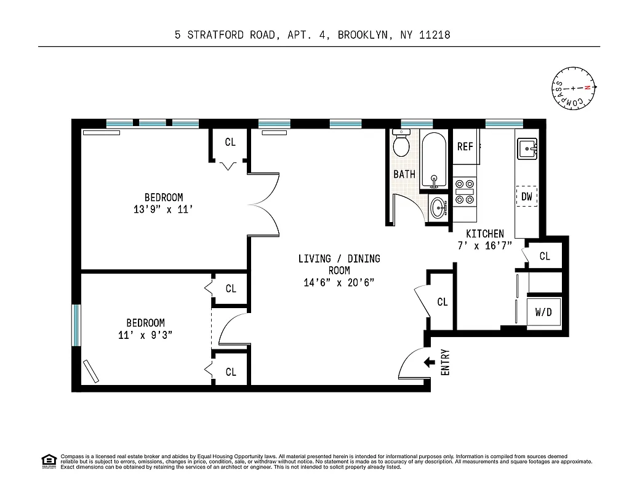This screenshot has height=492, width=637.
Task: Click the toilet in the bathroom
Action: (x=401, y=145)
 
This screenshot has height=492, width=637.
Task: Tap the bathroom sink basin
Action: (x=438, y=208)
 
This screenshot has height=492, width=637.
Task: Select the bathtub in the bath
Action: (x=435, y=160)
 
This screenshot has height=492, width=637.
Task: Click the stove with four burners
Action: (x=465, y=191)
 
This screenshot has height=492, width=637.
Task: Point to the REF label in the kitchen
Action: (x=465, y=147)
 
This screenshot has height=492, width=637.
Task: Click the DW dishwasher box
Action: (x=526, y=197)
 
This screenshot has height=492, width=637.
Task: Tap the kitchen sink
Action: (x=527, y=149)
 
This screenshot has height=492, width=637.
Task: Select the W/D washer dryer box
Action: (x=543, y=312)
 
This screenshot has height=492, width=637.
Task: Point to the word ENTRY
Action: (x=446, y=363)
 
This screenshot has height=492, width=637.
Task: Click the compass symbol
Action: (x=574, y=88)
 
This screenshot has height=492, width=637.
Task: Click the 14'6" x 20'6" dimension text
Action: (x=339, y=283)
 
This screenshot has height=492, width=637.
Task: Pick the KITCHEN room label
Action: (x=484, y=234)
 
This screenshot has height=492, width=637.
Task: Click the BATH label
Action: (x=404, y=175)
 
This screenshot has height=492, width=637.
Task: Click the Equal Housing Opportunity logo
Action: (x=48, y=460)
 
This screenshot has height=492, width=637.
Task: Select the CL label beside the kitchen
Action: (x=545, y=256)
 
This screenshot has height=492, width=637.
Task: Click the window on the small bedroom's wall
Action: (x=76, y=325)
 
